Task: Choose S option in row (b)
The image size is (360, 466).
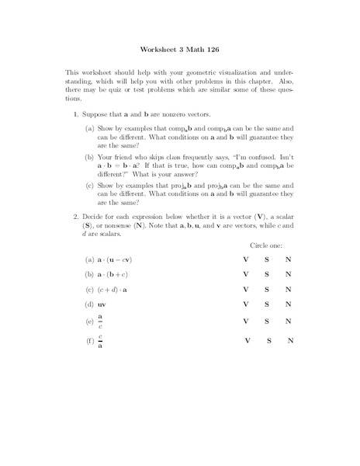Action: click(x=267, y=274)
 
